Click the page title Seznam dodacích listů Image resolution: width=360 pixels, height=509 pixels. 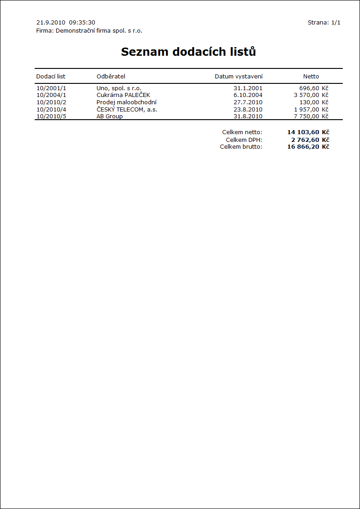coord(188,52)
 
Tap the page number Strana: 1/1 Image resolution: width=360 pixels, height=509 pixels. coord(324,22)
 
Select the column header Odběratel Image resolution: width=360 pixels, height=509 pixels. coord(111,76)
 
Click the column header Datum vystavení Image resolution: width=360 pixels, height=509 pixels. coord(238,76)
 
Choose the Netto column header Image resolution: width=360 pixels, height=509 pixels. coord(311,76)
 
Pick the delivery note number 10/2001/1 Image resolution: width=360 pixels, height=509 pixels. coord(51,88)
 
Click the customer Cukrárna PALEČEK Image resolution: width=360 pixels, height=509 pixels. coord(123,95)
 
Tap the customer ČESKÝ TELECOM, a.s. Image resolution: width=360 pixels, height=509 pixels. coord(127,109)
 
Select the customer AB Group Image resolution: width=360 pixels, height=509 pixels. coord(110,116)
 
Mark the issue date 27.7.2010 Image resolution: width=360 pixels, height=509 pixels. coord(248,102)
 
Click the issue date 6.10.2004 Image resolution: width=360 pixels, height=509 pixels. coord(248,95)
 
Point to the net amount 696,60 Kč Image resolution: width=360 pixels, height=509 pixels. coord(313,88)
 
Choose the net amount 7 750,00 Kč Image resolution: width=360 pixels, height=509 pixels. coord(311,116)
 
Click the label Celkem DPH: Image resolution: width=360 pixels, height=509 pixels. coord(244,140)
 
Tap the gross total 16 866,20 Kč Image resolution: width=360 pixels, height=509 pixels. coord(308,147)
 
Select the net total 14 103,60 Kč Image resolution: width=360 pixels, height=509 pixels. coord(308,132)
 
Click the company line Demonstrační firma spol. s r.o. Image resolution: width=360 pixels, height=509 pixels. coord(89,31)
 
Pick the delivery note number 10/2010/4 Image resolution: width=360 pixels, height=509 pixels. coord(51,109)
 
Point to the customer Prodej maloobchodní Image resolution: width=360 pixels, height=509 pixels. coord(126,102)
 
